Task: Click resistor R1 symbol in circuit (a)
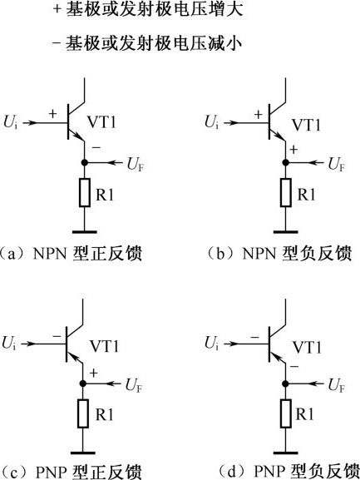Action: pyautogui.click(x=85, y=193)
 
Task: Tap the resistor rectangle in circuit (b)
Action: pyautogui.click(x=286, y=193)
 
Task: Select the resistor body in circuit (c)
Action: pyautogui.click(x=83, y=413)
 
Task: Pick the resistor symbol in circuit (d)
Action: pyautogui.click(x=286, y=413)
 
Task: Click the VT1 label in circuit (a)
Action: pyautogui.click(x=102, y=122)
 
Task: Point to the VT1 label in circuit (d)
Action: pyautogui.click(x=307, y=348)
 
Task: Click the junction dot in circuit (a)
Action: pyautogui.click(x=85, y=162)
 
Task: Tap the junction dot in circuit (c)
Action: pyautogui.click(x=83, y=384)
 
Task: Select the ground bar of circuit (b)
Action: pyautogui.click(x=286, y=232)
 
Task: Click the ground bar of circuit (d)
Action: pyautogui.click(x=286, y=453)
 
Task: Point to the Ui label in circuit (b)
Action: pyautogui.click(x=212, y=122)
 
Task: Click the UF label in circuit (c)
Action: pyautogui.click(x=134, y=385)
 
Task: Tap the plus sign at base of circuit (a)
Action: pyautogui.click(x=53, y=114)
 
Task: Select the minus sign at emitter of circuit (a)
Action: pyautogui.click(x=96, y=148)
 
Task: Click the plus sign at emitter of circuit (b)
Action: pyautogui.click(x=293, y=150)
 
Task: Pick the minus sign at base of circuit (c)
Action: pyautogui.click(x=57, y=336)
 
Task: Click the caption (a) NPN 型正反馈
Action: pyautogui.click(x=72, y=254)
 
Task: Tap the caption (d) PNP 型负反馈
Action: pyautogui.click(x=289, y=472)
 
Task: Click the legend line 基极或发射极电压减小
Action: pyautogui.click(x=147, y=43)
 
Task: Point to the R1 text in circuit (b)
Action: pyautogui.click(x=306, y=195)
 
